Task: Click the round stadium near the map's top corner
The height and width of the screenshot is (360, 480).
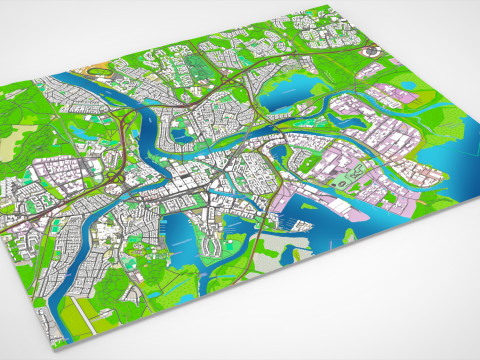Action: [x=369, y=49]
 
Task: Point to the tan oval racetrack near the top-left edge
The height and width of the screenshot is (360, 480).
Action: [x=100, y=72]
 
